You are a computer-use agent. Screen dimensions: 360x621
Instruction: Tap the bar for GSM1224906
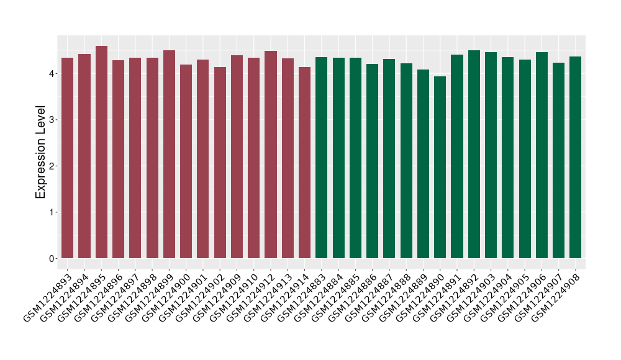coord(542,155)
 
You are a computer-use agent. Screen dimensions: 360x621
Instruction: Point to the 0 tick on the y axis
coord(54,258)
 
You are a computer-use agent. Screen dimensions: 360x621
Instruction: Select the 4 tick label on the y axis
coord(54,73)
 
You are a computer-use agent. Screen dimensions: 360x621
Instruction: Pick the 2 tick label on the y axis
coord(54,166)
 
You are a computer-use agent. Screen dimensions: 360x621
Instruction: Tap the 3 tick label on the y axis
coord(54,119)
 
